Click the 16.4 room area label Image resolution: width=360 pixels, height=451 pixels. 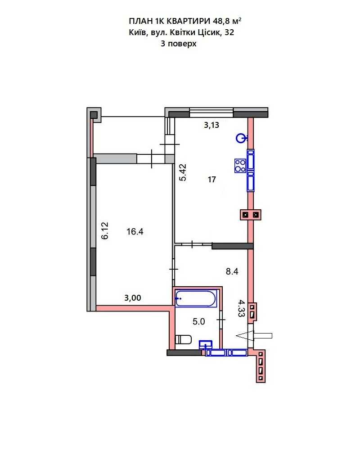(x=135, y=231)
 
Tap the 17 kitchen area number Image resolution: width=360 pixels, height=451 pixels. (x=211, y=180)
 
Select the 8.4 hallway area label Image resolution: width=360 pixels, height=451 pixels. (x=232, y=271)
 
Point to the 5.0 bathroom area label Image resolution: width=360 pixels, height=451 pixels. (x=199, y=321)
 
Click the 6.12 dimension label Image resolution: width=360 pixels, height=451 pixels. (x=105, y=230)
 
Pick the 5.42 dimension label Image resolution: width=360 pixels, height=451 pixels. (x=183, y=172)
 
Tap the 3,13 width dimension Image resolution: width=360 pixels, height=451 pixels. (x=211, y=125)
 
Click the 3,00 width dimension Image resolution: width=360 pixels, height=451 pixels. (x=133, y=298)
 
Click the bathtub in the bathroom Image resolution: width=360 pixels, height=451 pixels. (x=196, y=298)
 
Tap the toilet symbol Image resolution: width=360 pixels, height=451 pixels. (x=183, y=339)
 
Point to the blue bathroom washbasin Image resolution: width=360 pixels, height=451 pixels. (x=206, y=344)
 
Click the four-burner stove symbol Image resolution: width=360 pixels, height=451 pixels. (x=240, y=166)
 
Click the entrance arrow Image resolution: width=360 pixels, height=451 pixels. (x=254, y=335)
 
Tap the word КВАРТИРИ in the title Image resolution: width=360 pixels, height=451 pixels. (x=189, y=21)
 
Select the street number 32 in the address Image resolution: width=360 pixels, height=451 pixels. (x=229, y=32)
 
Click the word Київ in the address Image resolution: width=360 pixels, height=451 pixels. (x=138, y=32)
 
